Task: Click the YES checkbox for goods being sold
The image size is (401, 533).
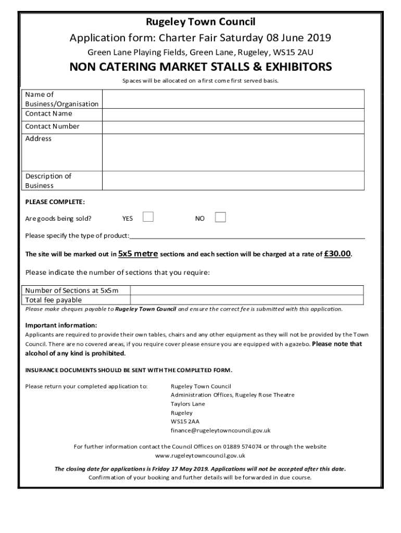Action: (148, 217)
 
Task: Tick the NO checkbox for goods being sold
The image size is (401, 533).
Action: (220, 217)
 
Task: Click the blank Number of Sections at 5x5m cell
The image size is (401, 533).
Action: (247, 290)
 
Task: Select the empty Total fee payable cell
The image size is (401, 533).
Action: (247, 300)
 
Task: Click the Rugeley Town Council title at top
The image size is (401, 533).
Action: (200, 22)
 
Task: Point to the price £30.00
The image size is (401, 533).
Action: (337, 254)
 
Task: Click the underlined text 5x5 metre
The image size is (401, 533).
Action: (138, 254)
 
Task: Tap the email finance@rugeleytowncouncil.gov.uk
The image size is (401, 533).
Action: (220, 430)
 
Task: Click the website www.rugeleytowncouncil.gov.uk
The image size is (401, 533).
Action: (200, 455)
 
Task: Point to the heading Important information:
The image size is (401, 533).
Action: (61, 326)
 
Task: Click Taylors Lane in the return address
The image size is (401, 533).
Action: (187, 404)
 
